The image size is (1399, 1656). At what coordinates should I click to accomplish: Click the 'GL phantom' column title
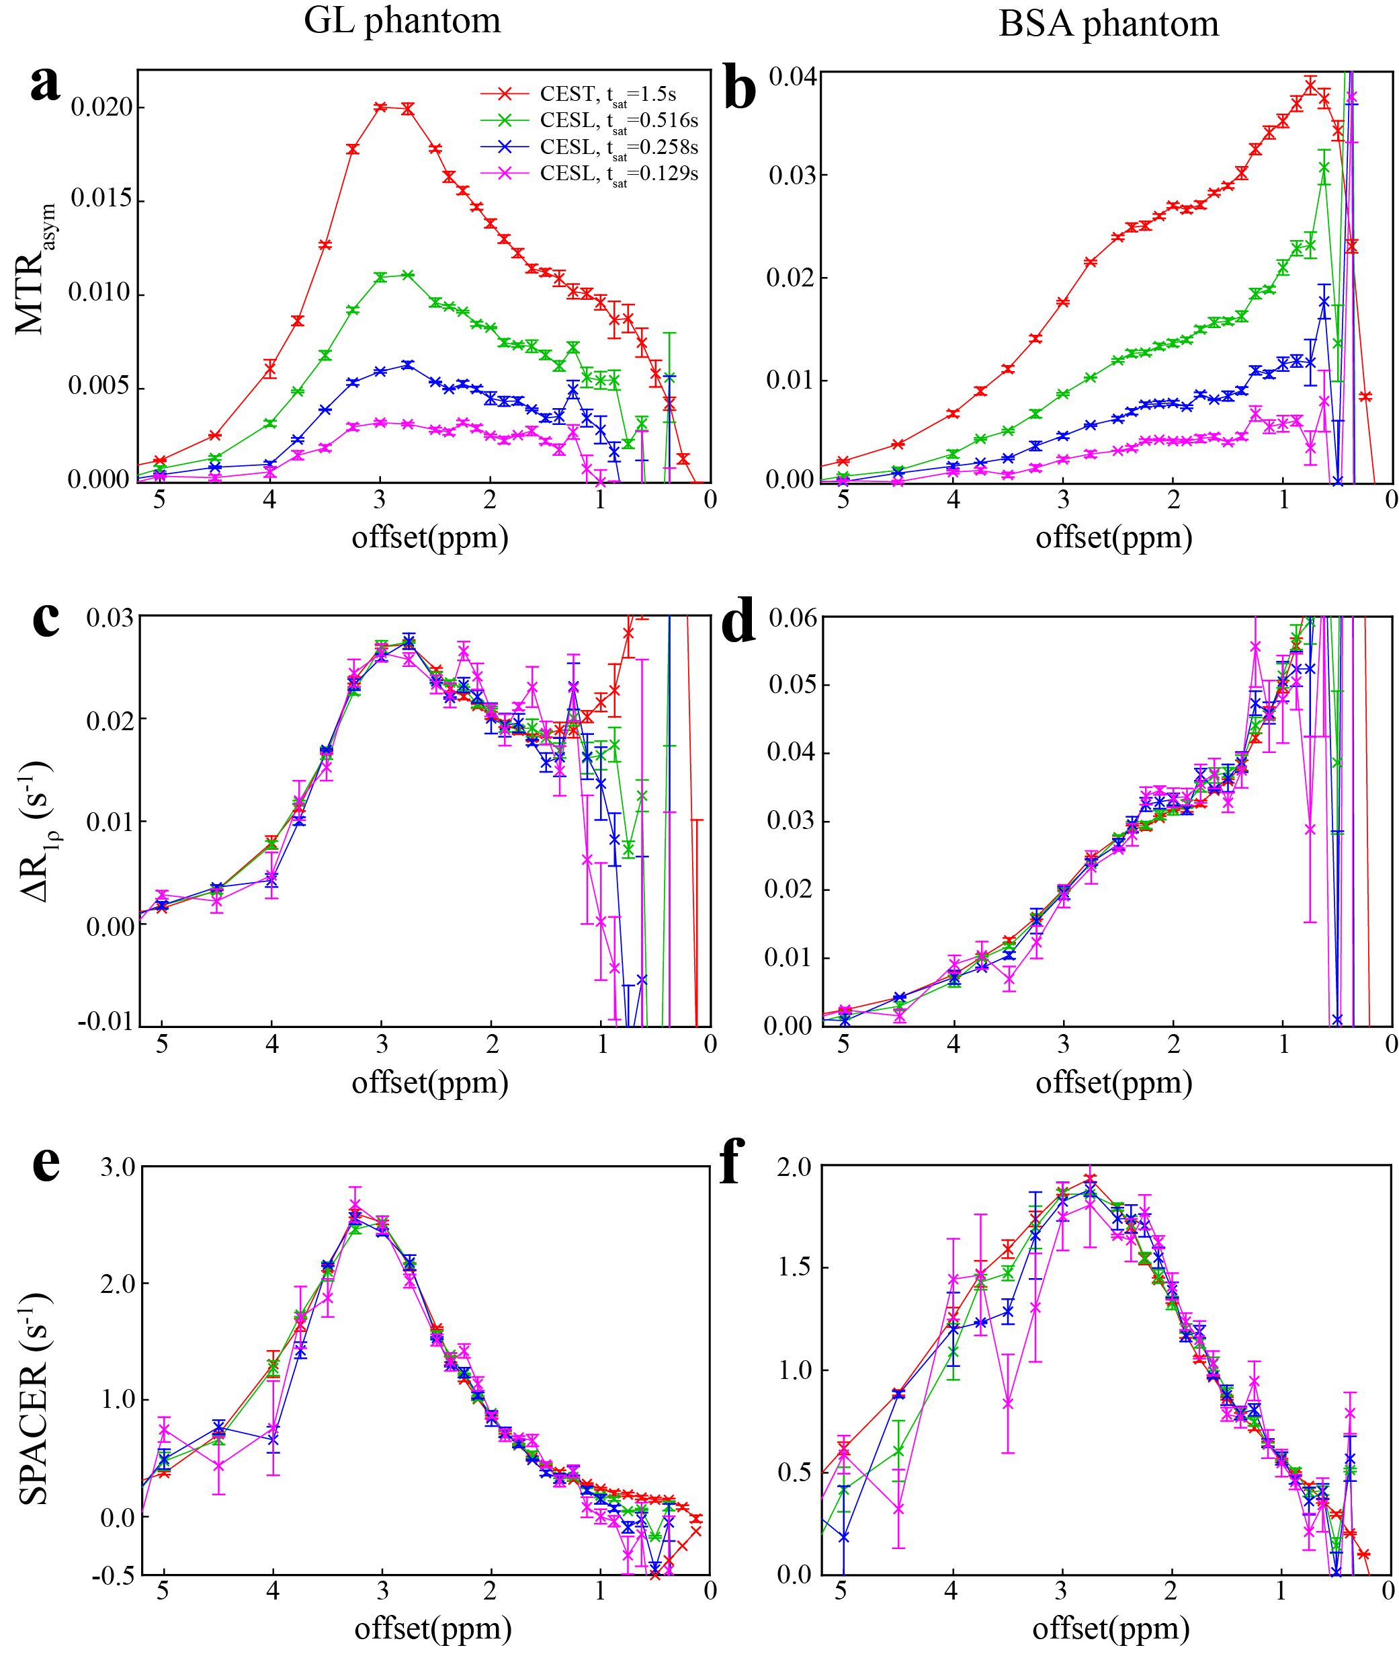tap(402, 21)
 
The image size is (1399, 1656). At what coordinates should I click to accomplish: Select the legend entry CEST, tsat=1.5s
tap(607, 94)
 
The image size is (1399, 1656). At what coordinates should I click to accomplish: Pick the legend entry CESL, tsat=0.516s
tap(619, 120)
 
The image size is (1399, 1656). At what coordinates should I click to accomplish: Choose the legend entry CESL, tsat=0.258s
tap(619, 148)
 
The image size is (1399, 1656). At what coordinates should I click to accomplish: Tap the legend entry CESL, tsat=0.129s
tap(619, 173)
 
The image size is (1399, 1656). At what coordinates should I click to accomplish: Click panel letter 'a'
tap(45, 83)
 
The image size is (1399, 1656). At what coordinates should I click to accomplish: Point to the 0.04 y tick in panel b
tap(792, 77)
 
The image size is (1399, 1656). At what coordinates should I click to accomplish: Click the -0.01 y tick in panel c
tap(105, 1021)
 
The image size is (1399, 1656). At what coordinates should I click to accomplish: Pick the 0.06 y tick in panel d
tap(792, 618)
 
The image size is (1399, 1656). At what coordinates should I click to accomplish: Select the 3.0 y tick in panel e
tap(118, 1167)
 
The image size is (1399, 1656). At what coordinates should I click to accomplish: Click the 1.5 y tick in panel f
tap(795, 1267)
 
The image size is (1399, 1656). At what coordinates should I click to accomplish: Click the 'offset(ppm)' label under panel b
tap(1113, 538)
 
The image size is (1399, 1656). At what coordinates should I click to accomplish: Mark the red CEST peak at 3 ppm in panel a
tap(380, 107)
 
